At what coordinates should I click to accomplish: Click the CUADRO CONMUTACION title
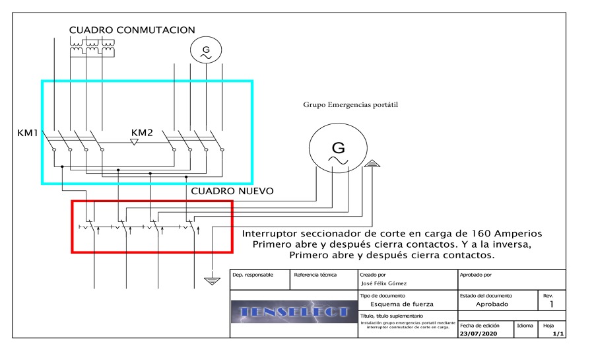133,30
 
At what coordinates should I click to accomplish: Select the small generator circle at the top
204,50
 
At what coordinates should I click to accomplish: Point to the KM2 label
142,133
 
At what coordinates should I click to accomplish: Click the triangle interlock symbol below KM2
135,141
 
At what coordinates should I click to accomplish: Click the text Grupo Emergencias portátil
350,104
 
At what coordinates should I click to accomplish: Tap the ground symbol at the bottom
211,280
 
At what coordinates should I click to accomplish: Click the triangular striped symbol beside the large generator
372,162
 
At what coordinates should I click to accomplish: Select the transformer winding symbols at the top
92,46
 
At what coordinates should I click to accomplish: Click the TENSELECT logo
293,312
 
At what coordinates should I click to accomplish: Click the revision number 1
552,305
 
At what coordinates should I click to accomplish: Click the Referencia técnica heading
315,273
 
